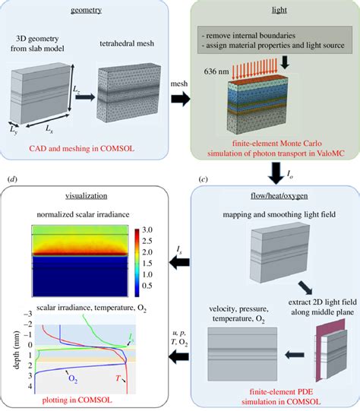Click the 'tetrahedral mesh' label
tap(125, 43)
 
